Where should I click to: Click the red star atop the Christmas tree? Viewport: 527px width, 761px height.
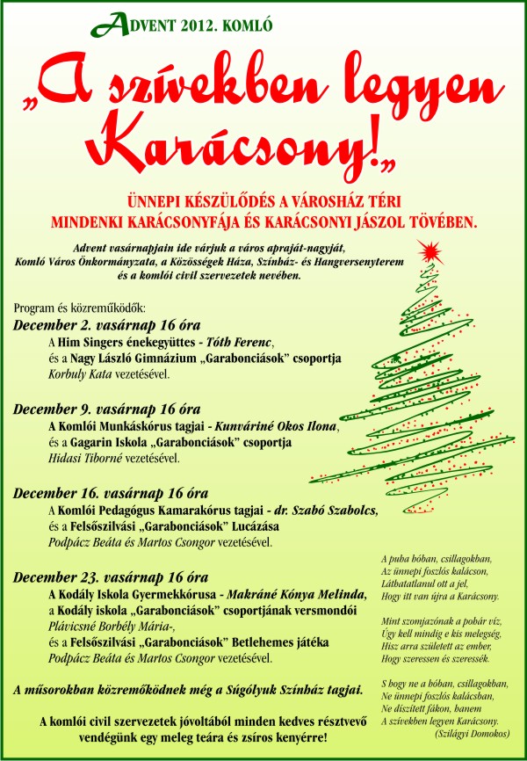[x=429, y=255]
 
